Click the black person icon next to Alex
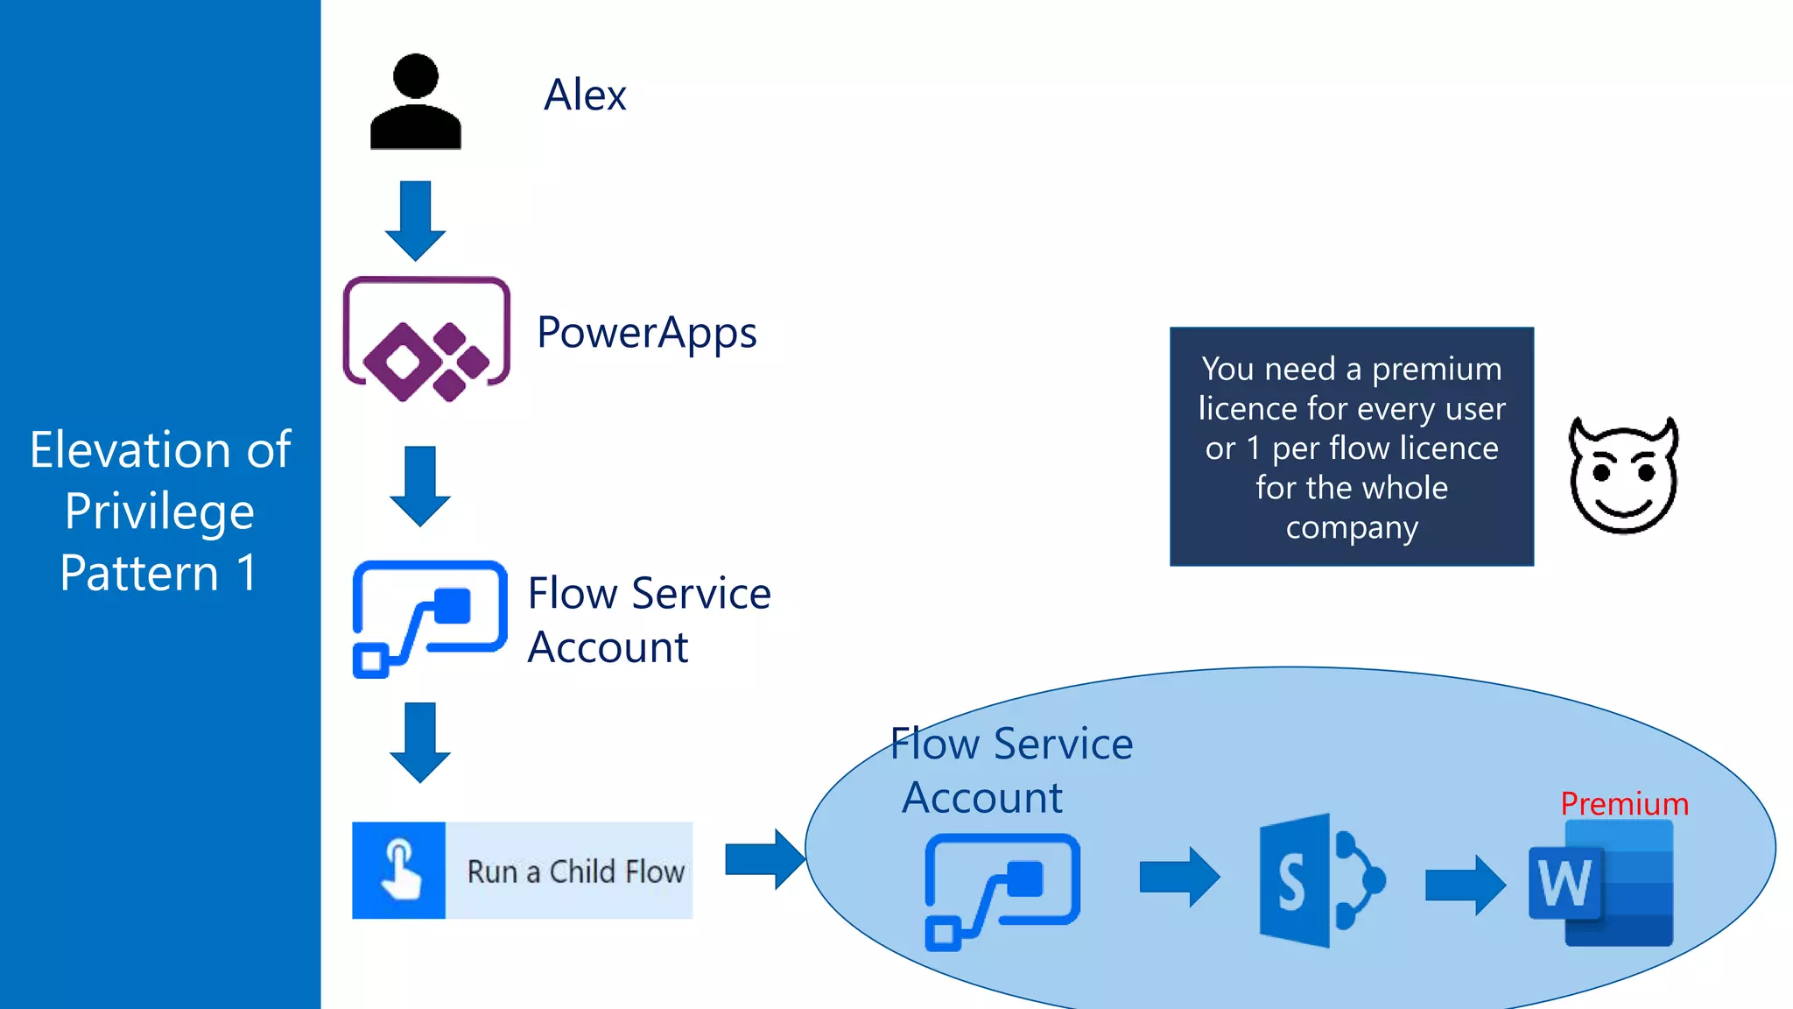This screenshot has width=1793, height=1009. (415, 103)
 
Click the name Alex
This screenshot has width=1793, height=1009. (585, 95)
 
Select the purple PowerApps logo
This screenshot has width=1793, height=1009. (426, 340)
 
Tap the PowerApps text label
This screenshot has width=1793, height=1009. (646, 333)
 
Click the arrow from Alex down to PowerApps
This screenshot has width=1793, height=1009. (416, 220)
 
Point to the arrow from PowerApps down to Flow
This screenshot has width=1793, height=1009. (420, 485)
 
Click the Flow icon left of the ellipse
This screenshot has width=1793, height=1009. (429, 618)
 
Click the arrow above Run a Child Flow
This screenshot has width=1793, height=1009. (420, 741)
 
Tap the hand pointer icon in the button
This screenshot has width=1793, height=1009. (399, 870)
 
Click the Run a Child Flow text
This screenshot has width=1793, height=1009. (575, 871)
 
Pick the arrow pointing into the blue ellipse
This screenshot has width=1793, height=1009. (764, 859)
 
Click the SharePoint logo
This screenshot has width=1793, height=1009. (1320, 880)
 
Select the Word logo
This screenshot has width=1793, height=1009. (1601, 883)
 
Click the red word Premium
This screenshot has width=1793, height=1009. (1624, 803)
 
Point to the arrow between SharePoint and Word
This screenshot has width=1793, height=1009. (1465, 885)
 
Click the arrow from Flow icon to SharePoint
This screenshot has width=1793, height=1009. (1178, 876)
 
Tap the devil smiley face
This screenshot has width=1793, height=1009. (1624, 476)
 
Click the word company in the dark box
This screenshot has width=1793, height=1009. (1351, 527)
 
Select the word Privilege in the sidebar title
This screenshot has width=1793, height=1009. (159, 511)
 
